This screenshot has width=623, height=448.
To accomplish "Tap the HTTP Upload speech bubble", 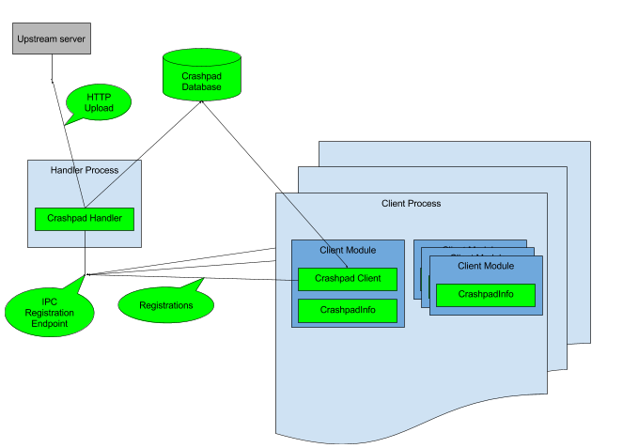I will (99, 102).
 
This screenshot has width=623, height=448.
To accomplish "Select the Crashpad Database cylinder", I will (201, 75).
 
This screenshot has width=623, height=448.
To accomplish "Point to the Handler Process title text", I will (85, 170).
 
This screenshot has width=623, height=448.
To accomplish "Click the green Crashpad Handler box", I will (85, 219).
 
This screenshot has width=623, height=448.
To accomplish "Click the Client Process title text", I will (411, 203).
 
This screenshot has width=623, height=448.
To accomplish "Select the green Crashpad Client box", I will (348, 279).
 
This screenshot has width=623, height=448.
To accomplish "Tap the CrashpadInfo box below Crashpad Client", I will (348, 310).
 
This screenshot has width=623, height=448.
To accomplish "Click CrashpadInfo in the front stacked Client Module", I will (486, 295).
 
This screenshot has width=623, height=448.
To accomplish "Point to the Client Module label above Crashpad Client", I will (348, 250).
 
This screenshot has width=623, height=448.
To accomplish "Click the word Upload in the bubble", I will (99, 108).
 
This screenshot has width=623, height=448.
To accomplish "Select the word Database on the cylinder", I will (201, 87).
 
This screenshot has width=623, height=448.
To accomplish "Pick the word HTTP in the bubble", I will (99, 97).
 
